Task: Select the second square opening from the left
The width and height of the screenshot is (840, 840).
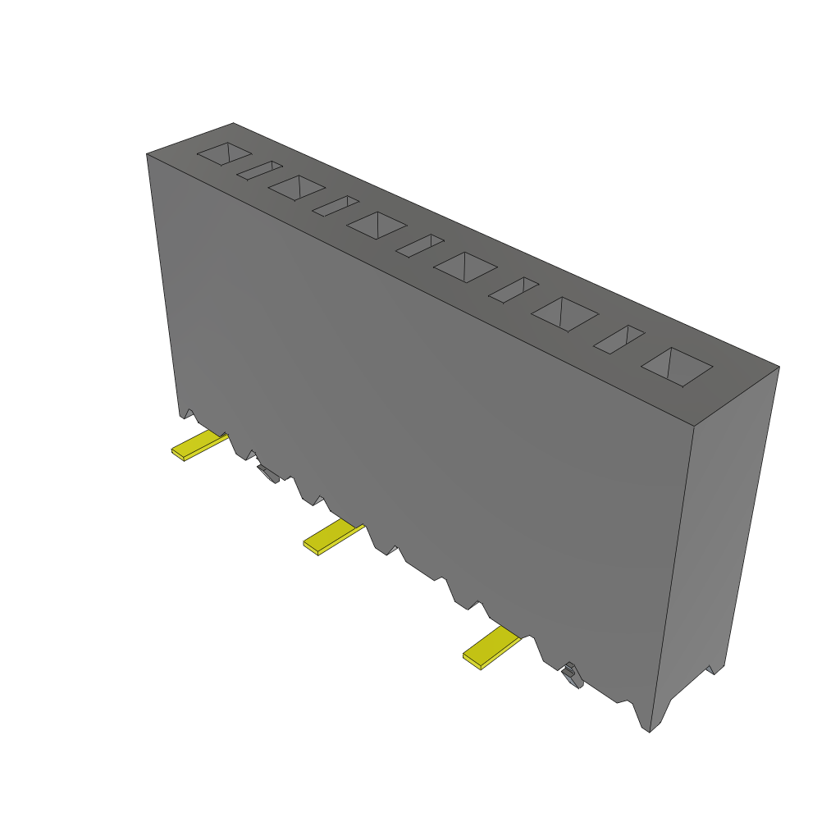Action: pyautogui.click(x=296, y=187)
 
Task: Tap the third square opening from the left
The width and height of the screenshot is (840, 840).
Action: pyautogui.click(x=377, y=225)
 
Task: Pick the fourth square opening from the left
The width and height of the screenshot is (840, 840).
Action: pyautogui.click(x=465, y=267)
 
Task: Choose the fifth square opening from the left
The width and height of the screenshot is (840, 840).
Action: pyautogui.click(x=564, y=313)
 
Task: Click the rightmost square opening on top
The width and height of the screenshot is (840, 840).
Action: pyautogui.click(x=677, y=366)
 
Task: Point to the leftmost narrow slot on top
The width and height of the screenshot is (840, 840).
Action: pyautogui.click(x=259, y=170)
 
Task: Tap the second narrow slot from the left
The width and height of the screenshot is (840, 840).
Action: pyautogui.click(x=335, y=206)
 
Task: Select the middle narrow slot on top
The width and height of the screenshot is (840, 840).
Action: pyautogui.click(x=419, y=245)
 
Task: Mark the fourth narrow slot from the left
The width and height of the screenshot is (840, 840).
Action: pyautogui.click(x=514, y=290)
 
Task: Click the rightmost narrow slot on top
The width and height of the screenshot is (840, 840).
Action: pyautogui.click(x=619, y=340)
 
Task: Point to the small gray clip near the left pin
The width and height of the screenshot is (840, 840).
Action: pyautogui.click(x=267, y=473)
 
